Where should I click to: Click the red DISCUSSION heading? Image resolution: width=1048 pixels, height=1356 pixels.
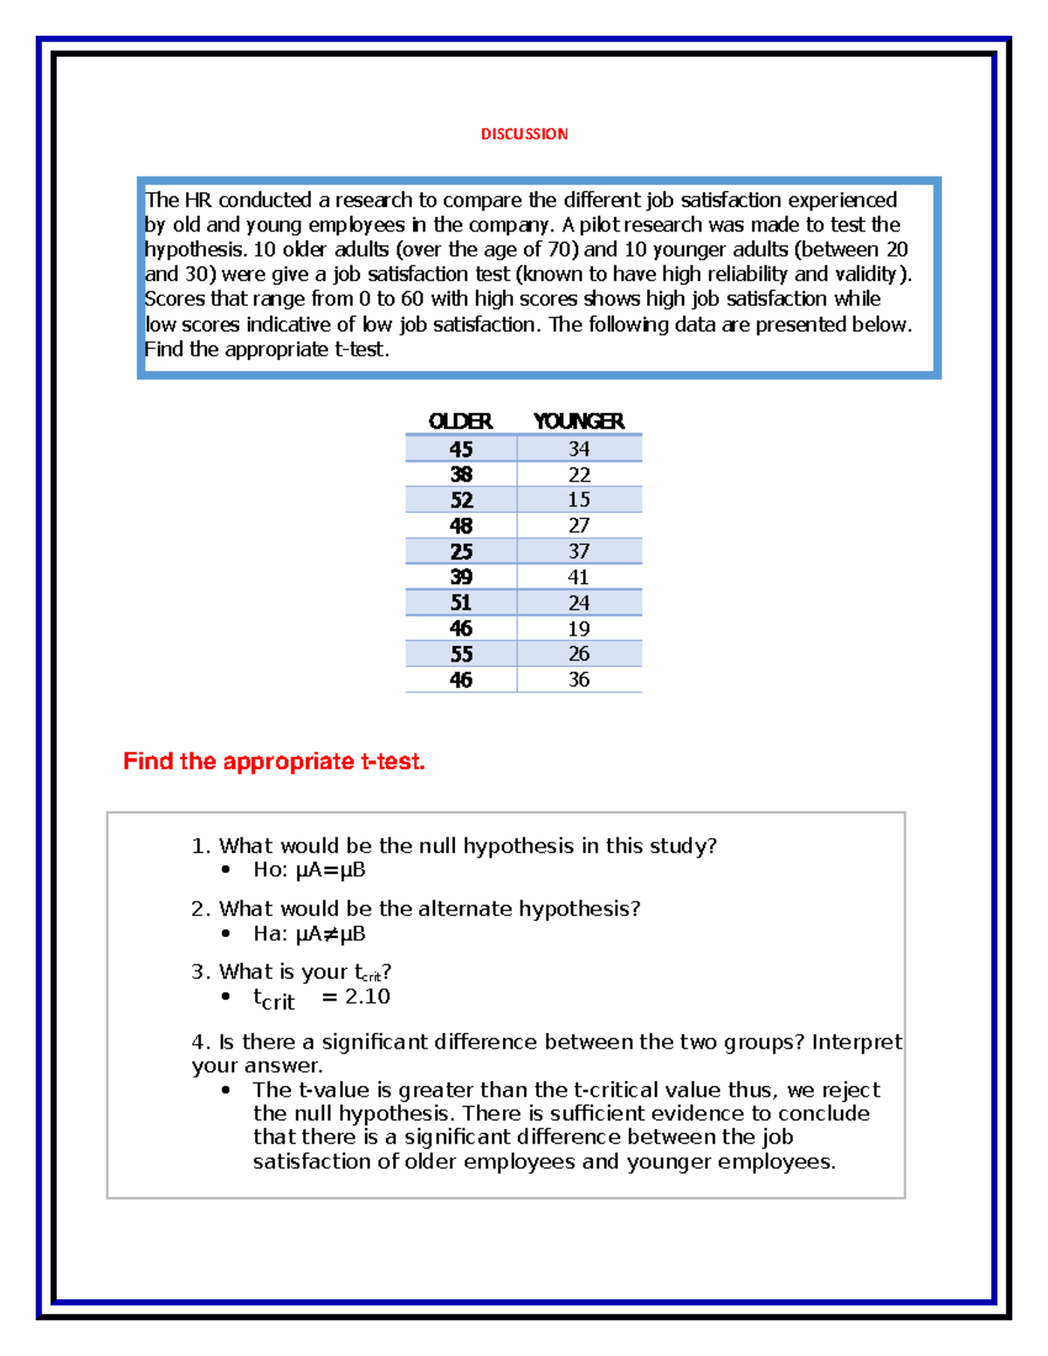coord(524,134)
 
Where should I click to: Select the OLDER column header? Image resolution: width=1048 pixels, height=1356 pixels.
coord(460,421)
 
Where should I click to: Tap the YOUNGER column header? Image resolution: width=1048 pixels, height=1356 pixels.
coord(578,421)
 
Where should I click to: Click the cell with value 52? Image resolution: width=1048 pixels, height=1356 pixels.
coord(461,500)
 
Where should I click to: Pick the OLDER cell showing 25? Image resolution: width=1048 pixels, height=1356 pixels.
coord(461,552)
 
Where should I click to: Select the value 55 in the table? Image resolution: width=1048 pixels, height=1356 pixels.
coord(461,654)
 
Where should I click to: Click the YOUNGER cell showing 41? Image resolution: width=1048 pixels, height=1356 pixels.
coord(578,577)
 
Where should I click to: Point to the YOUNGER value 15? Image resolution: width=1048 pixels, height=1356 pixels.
coord(578,499)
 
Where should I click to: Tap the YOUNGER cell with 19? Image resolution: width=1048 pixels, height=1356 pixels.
coord(578,629)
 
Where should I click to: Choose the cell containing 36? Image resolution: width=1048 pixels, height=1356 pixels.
coord(578,679)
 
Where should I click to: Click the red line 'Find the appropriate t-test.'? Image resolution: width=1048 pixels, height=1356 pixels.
coord(273,761)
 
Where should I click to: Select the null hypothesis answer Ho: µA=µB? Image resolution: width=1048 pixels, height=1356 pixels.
coord(309,870)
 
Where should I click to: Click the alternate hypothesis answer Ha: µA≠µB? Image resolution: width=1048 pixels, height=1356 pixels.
coord(309,933)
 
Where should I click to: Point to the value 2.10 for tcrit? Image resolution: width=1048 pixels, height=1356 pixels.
coord(367,996)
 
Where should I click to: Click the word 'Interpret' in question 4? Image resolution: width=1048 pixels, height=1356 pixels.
coord(856,1043)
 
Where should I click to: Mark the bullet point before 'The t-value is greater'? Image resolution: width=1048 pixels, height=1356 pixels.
coord(226,1090)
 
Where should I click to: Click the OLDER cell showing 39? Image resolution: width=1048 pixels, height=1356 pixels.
coord(461,577)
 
